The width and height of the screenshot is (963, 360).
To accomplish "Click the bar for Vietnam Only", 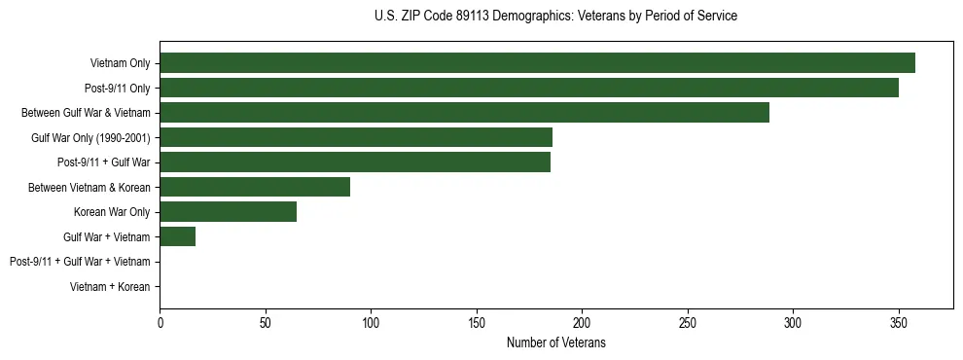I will point(537,63).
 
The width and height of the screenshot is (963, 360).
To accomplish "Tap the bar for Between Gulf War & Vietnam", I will point(464,112).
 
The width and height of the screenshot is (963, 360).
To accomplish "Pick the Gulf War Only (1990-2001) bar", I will point(356,137).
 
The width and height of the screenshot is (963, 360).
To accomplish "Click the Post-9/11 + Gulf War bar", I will point(355,162).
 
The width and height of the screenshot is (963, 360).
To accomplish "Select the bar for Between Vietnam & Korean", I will point(255,187).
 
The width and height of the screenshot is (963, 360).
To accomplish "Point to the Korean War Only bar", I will point(228,212).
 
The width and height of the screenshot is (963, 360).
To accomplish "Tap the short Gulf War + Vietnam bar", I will point(177,236).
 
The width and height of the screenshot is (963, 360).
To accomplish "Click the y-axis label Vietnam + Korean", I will point(110,287).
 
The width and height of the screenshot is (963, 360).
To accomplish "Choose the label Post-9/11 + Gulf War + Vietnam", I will point(80,262).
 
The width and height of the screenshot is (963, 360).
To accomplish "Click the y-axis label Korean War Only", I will point(112,212).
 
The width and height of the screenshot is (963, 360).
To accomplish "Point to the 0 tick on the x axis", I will point(160,322).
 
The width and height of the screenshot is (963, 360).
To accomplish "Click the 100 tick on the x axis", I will point(371,322).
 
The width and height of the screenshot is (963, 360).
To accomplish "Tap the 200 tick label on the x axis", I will point(582,322).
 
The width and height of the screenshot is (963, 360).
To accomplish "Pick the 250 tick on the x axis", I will point(688,322).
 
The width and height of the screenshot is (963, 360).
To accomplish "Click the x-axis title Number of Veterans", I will point(555,342).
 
